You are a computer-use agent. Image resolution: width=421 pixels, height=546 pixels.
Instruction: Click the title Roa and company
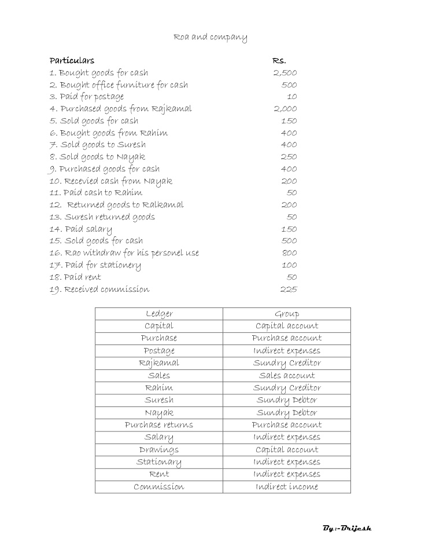tap(211, 38)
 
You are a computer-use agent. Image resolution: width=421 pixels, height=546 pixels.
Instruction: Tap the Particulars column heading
tap(72, 60)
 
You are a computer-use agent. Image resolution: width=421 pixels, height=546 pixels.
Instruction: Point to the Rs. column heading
tap(279, 60)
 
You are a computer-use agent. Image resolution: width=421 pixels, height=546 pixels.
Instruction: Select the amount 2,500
tap(285, 73)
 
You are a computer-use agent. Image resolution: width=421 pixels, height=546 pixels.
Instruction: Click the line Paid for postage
tap(87, 97)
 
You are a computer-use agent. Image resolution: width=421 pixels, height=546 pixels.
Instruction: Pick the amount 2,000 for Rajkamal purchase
tap(285, 109)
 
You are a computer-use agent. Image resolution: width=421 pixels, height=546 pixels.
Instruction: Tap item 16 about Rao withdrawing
tap(124, 253)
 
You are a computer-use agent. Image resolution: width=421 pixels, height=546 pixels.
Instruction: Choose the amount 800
tap(289, 253)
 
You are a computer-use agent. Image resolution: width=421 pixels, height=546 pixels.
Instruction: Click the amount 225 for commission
tap(289, 290)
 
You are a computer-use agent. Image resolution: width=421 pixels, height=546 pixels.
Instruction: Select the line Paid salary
tap(81, 229)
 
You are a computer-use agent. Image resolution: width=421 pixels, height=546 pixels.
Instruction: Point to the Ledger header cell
tap(159, 314)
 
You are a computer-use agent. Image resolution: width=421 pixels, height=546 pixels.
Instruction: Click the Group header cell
tap(287, 314)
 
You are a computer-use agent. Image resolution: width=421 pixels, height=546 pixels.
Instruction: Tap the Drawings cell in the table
tap(159, 450)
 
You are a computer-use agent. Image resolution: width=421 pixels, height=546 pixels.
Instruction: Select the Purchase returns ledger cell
tap(159, 425)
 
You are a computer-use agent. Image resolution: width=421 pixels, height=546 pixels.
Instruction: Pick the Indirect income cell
tap(287, 487)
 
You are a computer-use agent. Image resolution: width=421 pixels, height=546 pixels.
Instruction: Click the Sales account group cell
tap(287, 376)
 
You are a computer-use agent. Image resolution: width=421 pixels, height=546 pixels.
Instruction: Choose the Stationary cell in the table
tap(159, 462)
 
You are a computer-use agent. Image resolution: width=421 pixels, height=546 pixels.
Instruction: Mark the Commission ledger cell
tap(159, 487)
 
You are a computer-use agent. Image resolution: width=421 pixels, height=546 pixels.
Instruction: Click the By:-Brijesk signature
tap(347, 528)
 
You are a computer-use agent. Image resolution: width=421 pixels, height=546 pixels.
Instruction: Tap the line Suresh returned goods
tap(102, 217)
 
